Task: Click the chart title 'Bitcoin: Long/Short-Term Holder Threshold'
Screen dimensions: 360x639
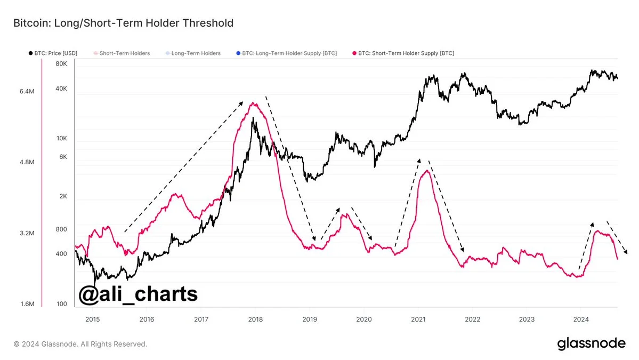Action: pyautogui.click(x=123, y=23)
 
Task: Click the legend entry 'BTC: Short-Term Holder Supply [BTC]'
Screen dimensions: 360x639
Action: pyautogui.click(x=405, y=53)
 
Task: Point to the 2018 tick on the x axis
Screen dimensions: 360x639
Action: pyautogui.click(x=255, y=319)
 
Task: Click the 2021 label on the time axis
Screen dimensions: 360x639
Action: pyautogui.click(x=418, y=319)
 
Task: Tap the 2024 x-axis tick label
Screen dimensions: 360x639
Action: pyautogui.click(x=581, y=319)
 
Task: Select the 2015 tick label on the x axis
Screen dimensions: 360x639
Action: pyautogui.click(x=92, y=319)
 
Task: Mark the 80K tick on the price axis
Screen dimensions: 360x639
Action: pyautogui.click(x=61, y=64)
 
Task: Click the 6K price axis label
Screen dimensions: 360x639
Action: pyautogui.click(x=63, y=157)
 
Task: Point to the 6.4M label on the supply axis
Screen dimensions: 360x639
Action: pyautogui.click(x=27, y=92)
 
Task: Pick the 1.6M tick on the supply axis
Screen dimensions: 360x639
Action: pyautogui.click(x=27, y=304)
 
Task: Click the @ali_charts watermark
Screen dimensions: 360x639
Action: pyautogui.click(x=139, y=294)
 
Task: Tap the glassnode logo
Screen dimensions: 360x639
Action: pyautogui.click(x=591, y=344)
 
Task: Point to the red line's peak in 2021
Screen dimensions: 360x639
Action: pyautogui.click(x=426, y=171)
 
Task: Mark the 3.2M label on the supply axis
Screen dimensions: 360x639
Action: pyautogui.click(x=27, y=234)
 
